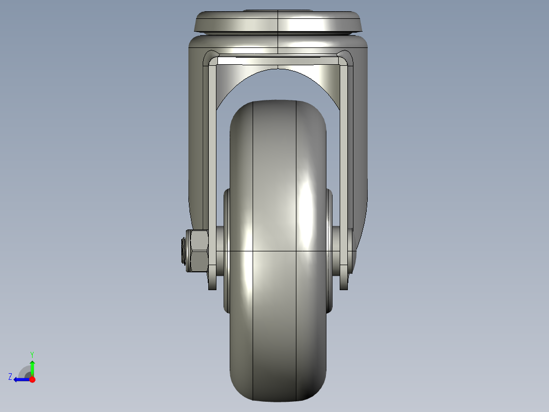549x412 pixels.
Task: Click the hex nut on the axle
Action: pos(199,250)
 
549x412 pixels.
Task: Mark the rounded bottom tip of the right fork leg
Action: pos(344,285)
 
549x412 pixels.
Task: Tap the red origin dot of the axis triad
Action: pos(32,379)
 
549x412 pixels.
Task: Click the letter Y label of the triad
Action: pos(32,354)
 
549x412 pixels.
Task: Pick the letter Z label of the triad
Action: pos(10,377)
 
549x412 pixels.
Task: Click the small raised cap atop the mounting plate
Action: pos(278,10)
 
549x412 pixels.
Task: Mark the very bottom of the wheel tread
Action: pos(278,399)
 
